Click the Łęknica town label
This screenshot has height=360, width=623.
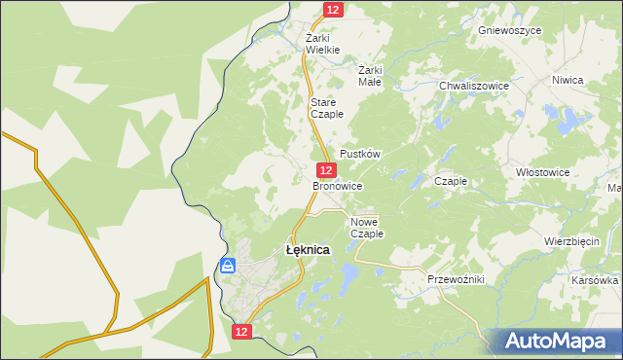[307, 250]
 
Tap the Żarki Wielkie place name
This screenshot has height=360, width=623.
[322, 43]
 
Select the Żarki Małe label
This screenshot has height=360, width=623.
[370, 76]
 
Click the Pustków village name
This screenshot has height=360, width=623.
[359, 155]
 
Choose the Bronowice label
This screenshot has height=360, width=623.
[338, 185]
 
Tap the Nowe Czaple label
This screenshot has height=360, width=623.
[367, 228]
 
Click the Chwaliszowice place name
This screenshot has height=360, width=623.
[474, 86]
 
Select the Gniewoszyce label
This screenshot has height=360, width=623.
[510, 30]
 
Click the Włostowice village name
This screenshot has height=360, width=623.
[542, 172]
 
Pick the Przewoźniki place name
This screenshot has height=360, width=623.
[456, 279]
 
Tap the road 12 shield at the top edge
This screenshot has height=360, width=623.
[333, 9]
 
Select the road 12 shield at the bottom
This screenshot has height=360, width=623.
[242, 332]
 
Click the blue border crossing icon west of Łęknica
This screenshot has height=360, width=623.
[228, 265]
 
